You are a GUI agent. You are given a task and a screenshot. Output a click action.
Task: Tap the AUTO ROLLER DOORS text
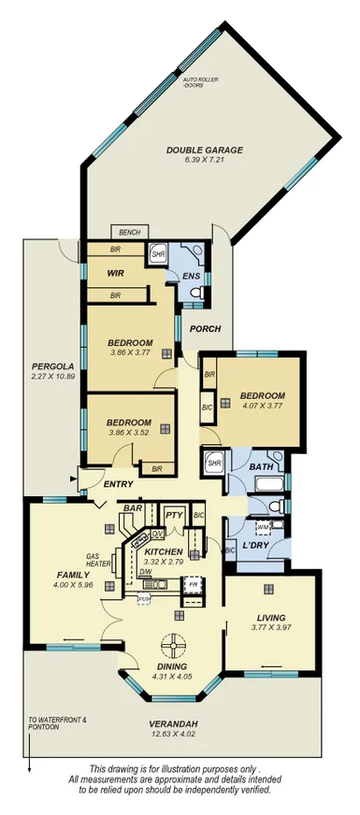199,83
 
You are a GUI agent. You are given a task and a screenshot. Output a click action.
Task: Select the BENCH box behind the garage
124,231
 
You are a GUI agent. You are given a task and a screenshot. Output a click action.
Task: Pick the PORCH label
203,329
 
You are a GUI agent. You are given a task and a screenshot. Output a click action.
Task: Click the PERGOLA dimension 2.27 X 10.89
44,379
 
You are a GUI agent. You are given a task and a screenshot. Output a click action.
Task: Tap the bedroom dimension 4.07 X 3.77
262,407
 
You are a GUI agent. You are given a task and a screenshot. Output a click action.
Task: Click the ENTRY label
119,483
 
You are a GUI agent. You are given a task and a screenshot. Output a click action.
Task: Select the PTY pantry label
173,515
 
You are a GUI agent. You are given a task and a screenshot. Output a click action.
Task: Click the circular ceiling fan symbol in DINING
173,644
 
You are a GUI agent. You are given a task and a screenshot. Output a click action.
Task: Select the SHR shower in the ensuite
157,252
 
